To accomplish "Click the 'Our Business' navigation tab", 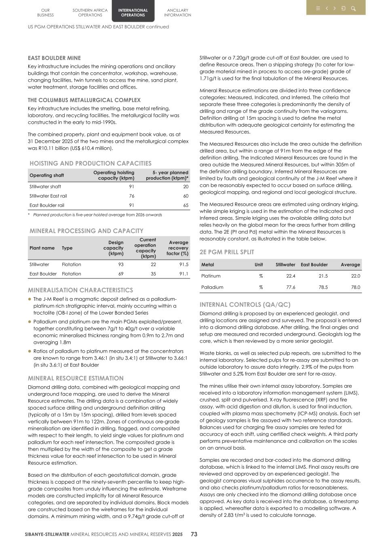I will point(45,13).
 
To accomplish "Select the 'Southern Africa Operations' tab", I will point(90,13).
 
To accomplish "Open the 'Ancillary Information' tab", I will point(177,13).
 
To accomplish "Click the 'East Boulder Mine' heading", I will point(54,58).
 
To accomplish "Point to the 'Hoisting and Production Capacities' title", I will point(91,163).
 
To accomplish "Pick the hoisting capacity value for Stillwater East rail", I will point(131,196).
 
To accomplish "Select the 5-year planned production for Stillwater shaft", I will point(186,186).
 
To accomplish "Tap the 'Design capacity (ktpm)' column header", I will point(113,248).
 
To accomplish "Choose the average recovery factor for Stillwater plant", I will point(183,264).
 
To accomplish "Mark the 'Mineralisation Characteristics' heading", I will point(80,290).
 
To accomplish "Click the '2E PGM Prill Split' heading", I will point(227,252).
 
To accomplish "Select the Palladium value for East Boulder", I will point(323,287).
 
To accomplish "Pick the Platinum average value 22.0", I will point(355,276).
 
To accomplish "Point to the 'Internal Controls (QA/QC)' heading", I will point(245,305).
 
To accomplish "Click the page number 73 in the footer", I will point(194,534).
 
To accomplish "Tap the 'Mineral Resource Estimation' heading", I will point(76,378).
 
